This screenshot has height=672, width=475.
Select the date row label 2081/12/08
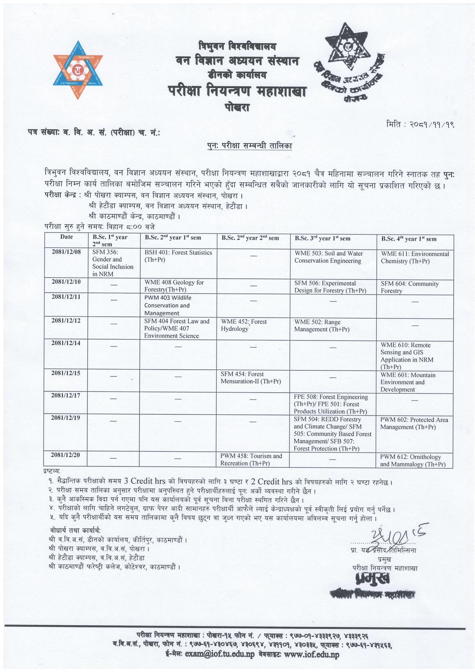[66, 252]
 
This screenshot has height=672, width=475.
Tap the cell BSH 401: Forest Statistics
[178, 256]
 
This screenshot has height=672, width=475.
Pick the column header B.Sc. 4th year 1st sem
[409, 239]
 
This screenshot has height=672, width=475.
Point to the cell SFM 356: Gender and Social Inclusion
[113, 263]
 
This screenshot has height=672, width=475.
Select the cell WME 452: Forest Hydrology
[244, 325]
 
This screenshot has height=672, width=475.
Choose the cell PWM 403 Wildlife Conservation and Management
[167, 305]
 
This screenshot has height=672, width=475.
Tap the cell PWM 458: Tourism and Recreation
[251, 459]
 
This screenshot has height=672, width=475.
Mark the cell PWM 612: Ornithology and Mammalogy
[412, 460]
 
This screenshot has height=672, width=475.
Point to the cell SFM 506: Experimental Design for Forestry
[330, 287]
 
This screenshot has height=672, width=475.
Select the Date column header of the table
[66, 237]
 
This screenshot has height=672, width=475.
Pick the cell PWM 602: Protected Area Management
[414, 423]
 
